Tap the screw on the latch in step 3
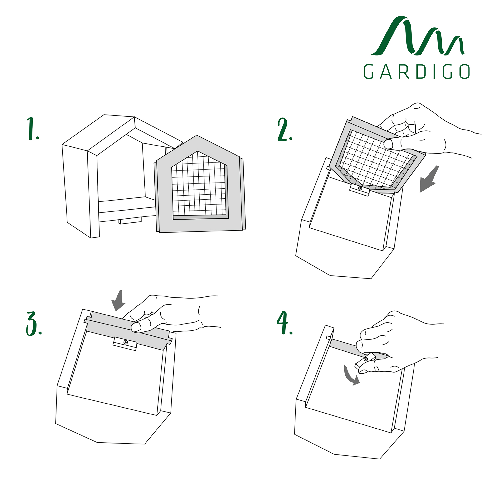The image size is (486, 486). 126,342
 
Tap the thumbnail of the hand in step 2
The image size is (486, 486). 388,144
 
